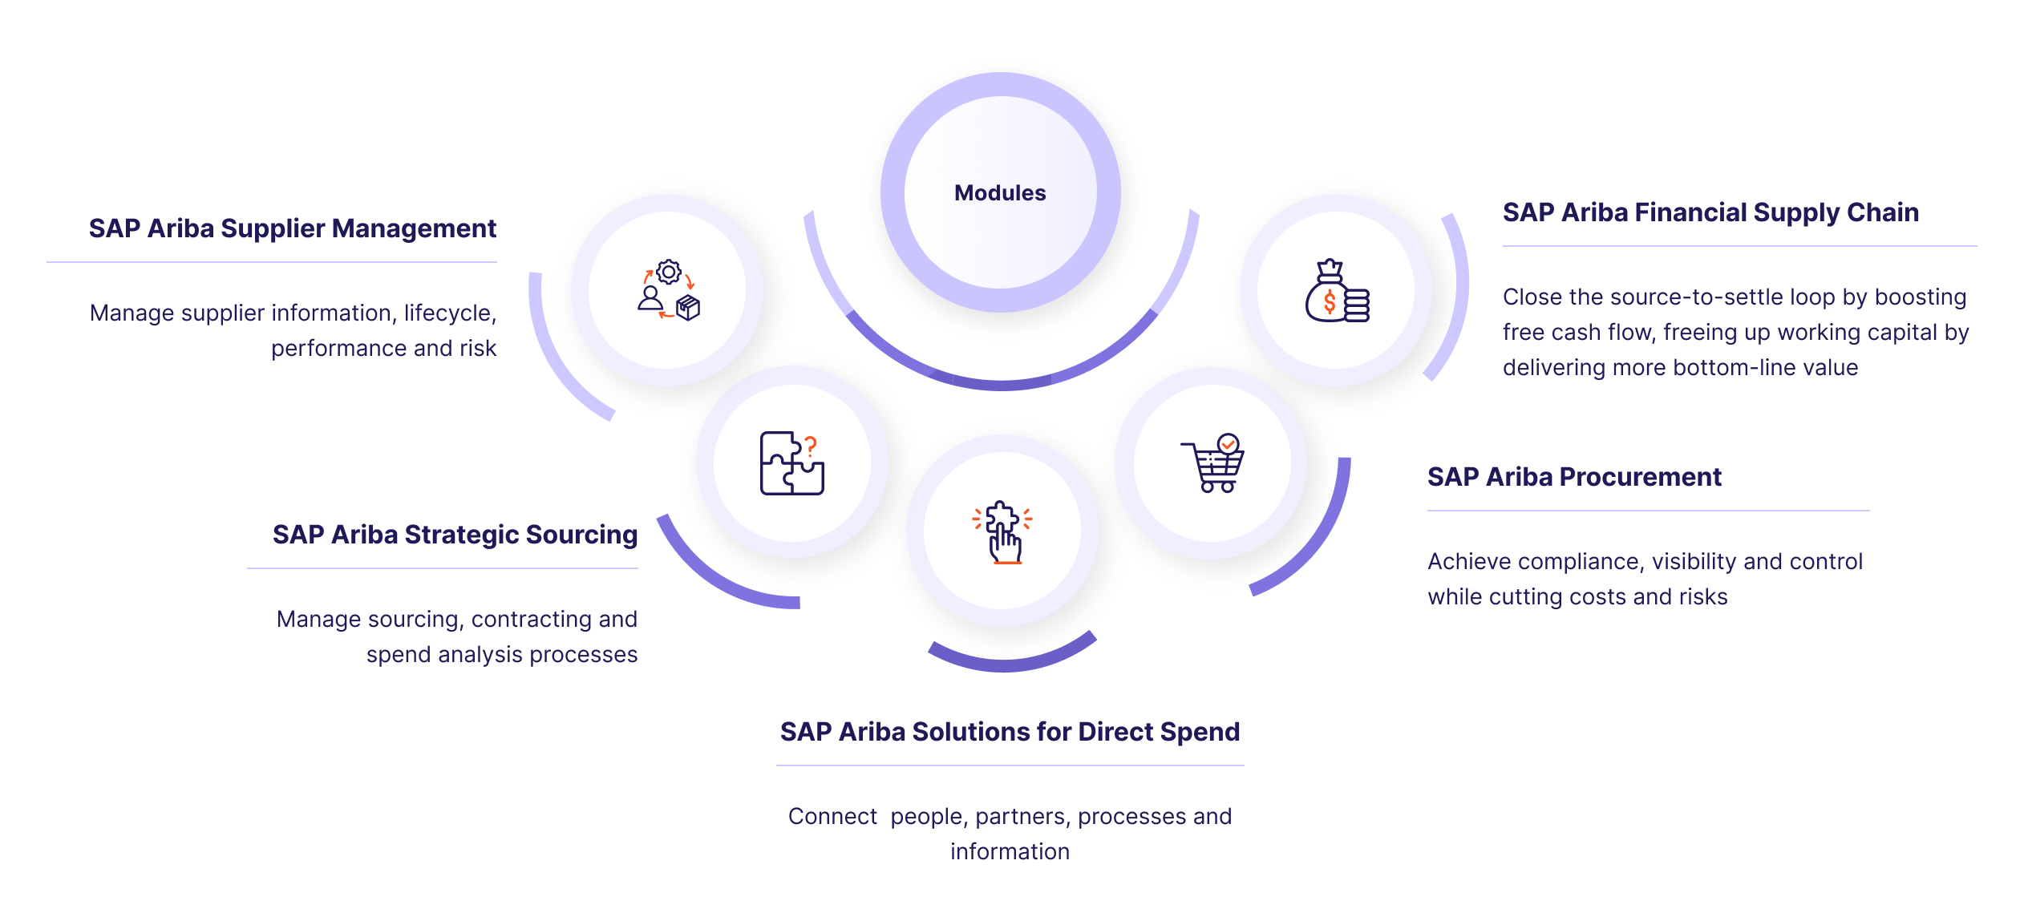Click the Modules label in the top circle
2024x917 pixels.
(x=1000, y=193)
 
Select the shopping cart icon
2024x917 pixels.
(x=1213, y=464)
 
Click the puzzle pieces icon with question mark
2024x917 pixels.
(x=791, y=463)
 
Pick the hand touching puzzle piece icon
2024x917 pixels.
(x=1002, y=532)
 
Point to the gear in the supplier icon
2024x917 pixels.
(x=668, y=272)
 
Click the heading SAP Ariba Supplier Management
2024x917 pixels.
(x=293, y=228)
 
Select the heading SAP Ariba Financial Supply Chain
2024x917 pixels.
(x=1710, y=212)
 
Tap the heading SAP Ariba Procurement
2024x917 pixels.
(x=1574, y=477)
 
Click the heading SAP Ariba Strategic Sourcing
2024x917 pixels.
(x=455, y=535)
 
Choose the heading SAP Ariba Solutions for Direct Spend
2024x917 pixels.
(x=1010, y=732)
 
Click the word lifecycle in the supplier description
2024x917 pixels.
(x=448, y=313)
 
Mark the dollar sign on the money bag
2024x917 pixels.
(x=1330, y=302)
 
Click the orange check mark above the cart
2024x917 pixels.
(x=1228, y=443)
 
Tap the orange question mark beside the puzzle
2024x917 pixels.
(x=811, y=446)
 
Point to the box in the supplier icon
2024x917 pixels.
(x=688, y=308)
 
